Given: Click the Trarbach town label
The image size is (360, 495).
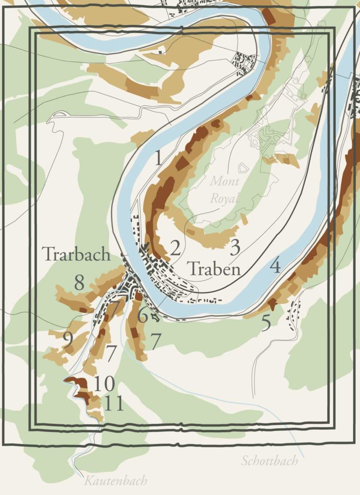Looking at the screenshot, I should coord(76,254).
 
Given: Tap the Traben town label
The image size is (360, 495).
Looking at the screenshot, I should coord(214,269).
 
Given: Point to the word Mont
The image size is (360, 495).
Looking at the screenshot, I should coord(224,182).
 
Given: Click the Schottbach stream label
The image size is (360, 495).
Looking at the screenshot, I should coord(270,461).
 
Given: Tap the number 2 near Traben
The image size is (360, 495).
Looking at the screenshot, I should coord(175,248).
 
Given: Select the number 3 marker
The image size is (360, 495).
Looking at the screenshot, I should coord(235,247).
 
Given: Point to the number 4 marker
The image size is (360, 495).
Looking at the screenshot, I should coord(275,265).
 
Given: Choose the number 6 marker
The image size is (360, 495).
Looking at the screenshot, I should coord(142,316).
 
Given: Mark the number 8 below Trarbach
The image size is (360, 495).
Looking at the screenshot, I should coord(79,283).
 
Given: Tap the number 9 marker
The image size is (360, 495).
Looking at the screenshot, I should coord(68,340).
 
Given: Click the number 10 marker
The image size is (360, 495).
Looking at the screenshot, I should coord(104,384).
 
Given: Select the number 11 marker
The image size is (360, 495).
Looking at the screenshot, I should coord(114,403).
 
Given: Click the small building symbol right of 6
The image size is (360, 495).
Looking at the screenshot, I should coord(155,317).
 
